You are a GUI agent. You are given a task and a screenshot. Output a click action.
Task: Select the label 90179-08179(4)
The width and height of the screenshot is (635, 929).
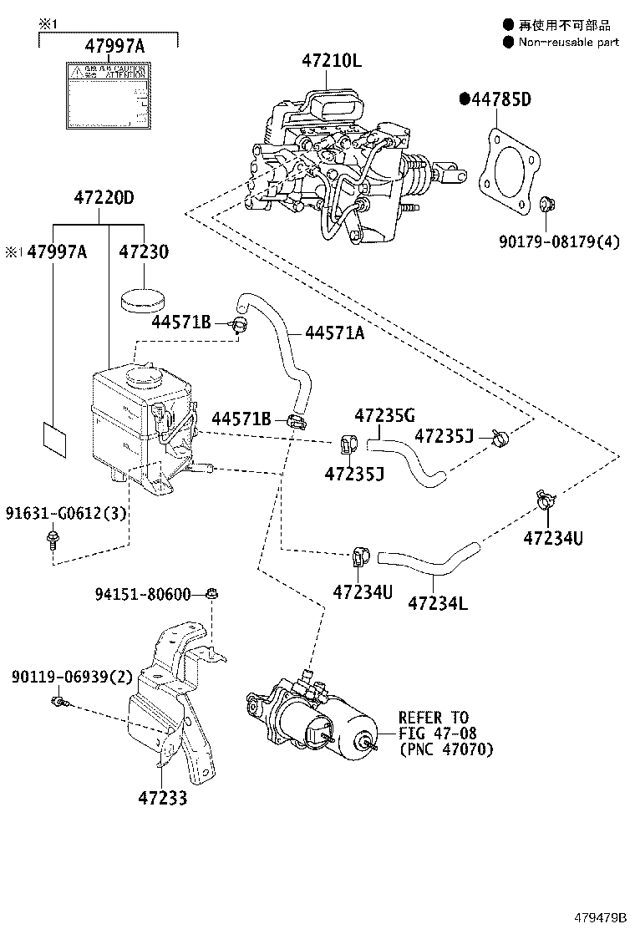(560, 244)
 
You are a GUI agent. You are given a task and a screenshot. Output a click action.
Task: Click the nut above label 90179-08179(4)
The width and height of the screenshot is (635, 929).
(546, 204)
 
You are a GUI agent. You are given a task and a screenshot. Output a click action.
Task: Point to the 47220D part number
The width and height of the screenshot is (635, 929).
(104, 199)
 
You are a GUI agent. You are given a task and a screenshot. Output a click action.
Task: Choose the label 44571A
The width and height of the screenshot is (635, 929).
(334, 333)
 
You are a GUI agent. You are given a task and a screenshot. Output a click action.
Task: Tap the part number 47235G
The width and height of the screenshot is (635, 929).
(384, 415)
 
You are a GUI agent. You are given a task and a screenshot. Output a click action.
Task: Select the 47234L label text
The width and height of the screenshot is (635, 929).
(438, 602)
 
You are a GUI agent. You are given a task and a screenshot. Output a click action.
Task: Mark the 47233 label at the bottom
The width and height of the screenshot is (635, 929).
(163, 799)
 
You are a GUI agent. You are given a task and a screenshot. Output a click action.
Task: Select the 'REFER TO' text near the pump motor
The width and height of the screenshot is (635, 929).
(433, 718)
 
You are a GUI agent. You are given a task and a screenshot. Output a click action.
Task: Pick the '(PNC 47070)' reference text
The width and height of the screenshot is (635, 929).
(445, 749)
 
